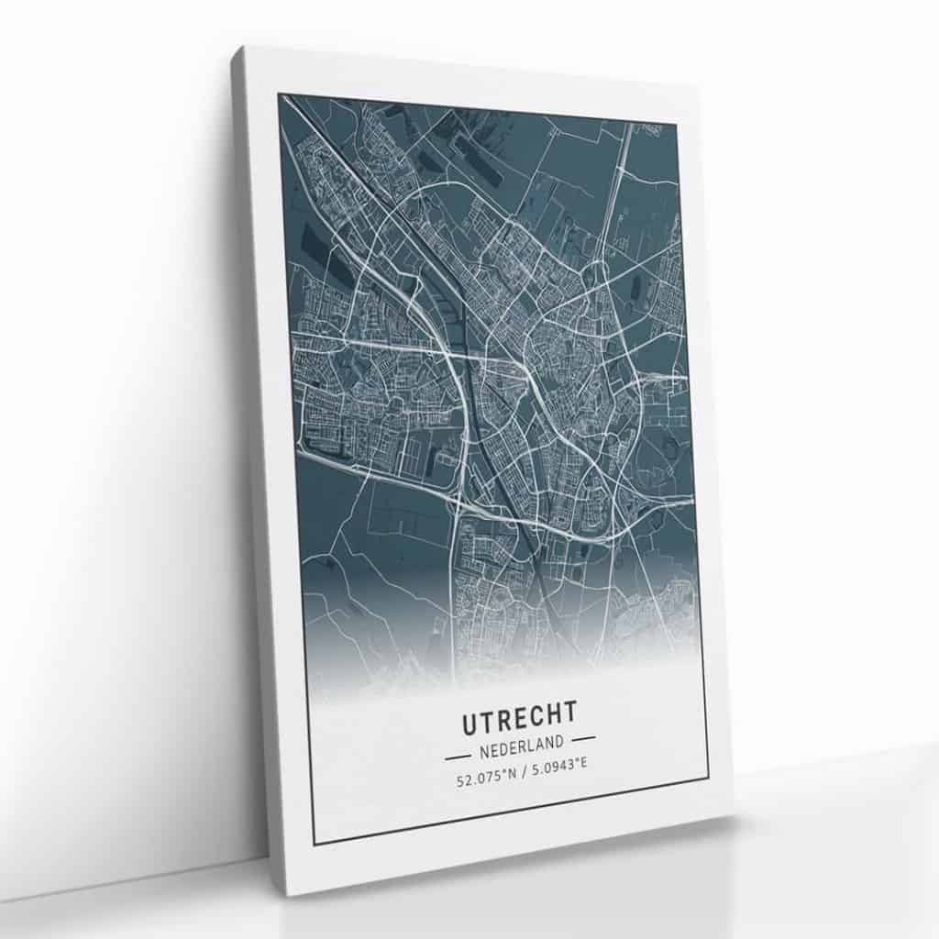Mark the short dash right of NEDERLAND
pos(580,738)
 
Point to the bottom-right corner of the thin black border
pos(708,779)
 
